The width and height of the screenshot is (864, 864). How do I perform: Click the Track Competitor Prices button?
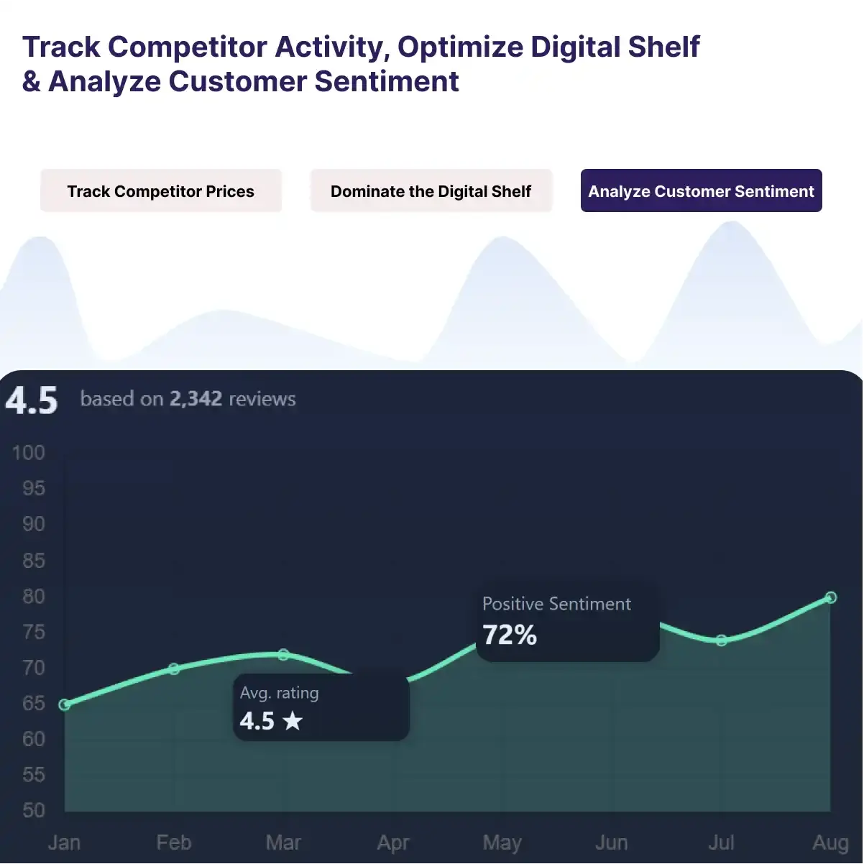point(160,191)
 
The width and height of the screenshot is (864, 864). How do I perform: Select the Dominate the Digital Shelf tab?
point(431,191)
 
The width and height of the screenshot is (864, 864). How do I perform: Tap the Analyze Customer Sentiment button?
point(701,191)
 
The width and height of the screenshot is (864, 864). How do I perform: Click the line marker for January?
point(65,705)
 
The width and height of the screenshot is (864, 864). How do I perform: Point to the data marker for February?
point(174,669)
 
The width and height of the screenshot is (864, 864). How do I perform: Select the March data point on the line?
point(283,655)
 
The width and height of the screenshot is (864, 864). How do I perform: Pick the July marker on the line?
point(722,640)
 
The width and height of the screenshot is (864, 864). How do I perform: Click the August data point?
point(831,597)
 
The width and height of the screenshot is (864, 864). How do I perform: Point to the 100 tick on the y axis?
point(29,453)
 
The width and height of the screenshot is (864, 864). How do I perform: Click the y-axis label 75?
point(34,632)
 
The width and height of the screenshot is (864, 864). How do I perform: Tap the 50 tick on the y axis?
point(34,811)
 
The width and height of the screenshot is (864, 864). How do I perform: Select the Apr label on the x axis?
point(393,842)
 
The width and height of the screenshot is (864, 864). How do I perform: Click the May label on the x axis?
point(502,842)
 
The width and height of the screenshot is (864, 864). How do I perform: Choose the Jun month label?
point(612,842)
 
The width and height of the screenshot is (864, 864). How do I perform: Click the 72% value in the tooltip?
point(510,635)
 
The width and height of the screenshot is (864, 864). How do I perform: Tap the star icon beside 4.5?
point(293,721)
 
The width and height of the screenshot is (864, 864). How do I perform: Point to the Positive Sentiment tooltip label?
point(556,604)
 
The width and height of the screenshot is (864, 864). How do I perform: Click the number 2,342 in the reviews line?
point(196,399)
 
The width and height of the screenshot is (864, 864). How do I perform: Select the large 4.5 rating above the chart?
point(32,400)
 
